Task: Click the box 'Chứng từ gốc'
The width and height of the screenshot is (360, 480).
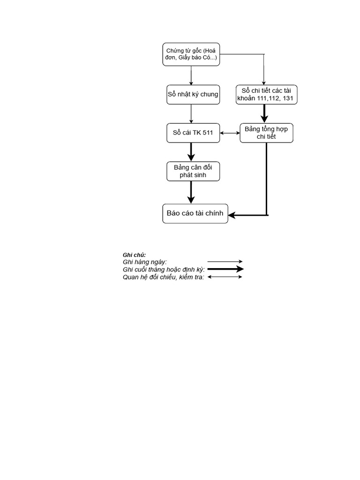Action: (191, 54)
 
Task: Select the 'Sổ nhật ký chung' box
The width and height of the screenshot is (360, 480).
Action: (193, 94)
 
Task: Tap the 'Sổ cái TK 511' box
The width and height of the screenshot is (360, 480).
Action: (193, 133)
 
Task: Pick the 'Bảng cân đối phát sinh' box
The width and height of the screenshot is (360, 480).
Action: (193, 172)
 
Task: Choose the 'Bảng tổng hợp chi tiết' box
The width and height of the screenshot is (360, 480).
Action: (266, 133)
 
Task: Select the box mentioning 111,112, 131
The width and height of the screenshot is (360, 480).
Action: (266, 94)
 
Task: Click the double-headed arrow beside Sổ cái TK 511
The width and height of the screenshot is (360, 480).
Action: (230, 133)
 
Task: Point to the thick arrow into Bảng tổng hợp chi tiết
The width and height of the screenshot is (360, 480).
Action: (265, 114)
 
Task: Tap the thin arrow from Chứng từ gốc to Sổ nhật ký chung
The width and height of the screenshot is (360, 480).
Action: (191, 75)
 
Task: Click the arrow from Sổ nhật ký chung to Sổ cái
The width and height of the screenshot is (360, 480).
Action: (191, 113)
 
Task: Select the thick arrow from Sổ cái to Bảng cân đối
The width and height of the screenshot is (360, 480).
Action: (191, 152)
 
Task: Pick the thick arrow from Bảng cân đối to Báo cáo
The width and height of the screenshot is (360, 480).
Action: (191, 192)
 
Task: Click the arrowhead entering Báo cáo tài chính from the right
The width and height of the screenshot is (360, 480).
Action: (233, 215)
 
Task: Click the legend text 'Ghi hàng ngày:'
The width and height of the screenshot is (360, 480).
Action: (145, 262)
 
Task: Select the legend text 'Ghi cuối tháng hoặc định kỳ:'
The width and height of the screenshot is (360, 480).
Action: (164, 269)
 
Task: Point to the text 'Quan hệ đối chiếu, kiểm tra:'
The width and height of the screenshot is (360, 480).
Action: (163, 277)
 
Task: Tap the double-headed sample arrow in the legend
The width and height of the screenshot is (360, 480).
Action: (225, 277)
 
